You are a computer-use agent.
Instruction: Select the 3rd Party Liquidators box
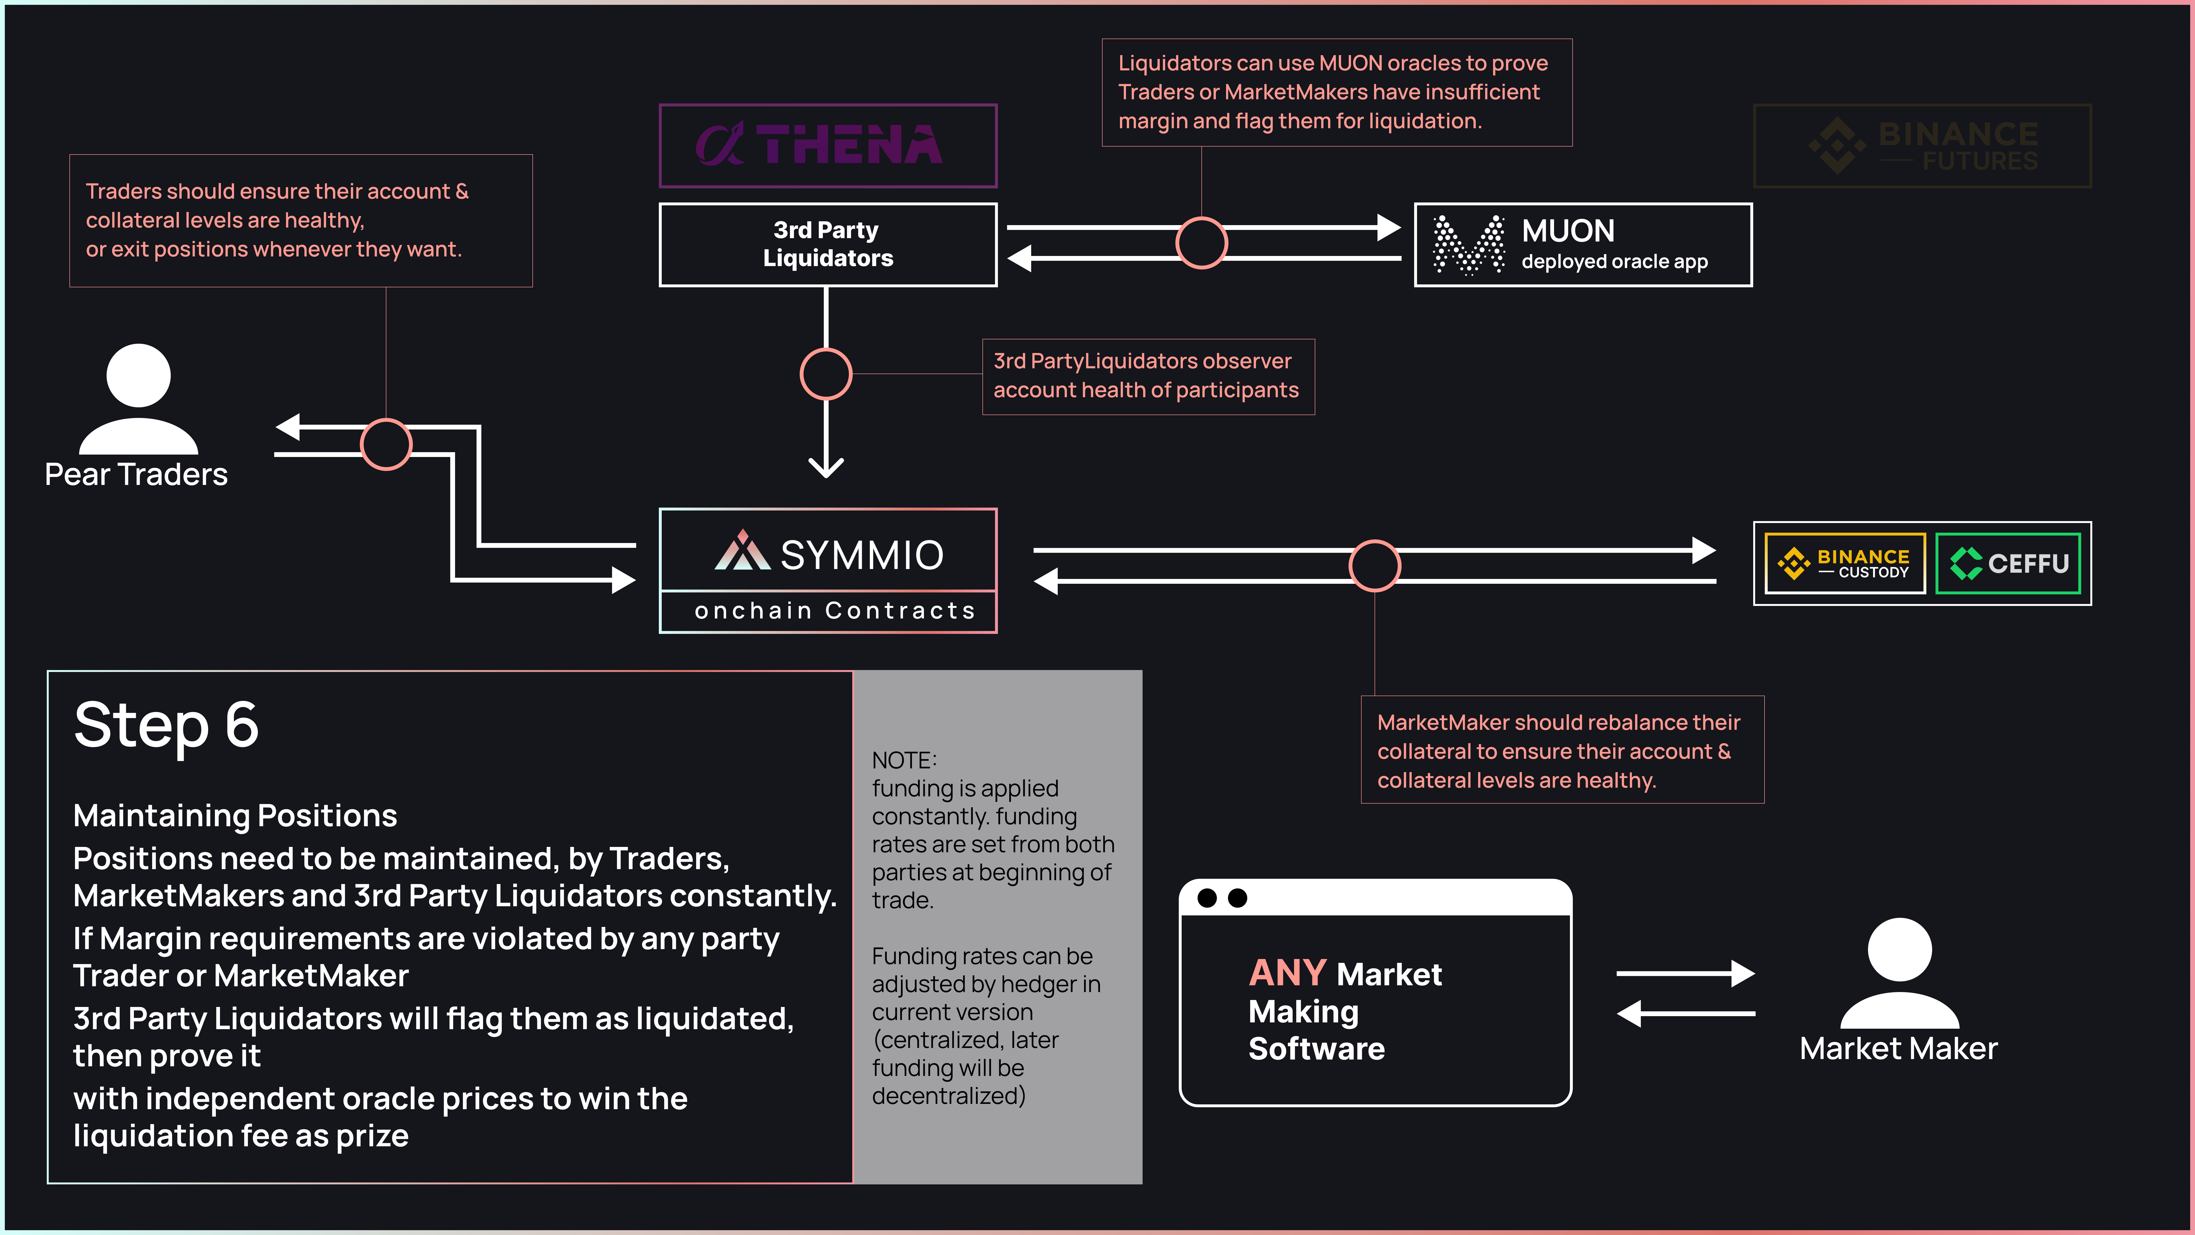(827, 244)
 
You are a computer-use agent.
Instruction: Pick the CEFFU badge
(2008, 563)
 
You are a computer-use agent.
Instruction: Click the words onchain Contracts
(834, 611)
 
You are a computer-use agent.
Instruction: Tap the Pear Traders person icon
(138, 399)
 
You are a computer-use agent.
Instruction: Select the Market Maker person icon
(1899, 973)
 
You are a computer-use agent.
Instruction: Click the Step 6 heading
(166, 726)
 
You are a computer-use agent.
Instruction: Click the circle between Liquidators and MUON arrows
(1201, 243)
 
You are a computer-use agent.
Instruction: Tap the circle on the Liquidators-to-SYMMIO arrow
(826, 374)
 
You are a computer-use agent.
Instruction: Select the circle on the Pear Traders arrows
(386, 444)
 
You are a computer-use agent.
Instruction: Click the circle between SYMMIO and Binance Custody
(1374, 565)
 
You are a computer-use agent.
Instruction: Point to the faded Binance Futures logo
(1922, 146)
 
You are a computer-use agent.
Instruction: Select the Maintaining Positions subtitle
(235, 816)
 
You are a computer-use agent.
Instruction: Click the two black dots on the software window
(1222, 898)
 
